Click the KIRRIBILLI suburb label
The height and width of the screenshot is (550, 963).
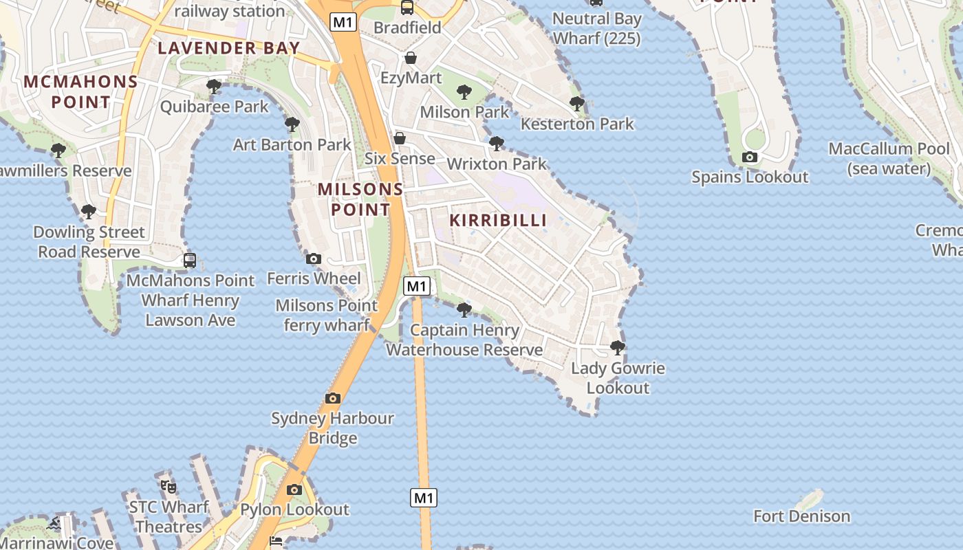click(498, 220)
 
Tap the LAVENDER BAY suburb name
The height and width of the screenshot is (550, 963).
click(228, 48)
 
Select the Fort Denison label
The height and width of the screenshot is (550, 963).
click(801, 516)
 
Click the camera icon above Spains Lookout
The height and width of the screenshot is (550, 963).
click(750, 157)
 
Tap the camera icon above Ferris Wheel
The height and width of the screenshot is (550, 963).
click(314, 258)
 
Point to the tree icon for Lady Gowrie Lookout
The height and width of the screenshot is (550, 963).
click(618, 347)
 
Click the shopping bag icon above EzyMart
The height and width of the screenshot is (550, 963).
click(411, 58)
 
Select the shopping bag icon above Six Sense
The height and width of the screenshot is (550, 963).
click(399, 139)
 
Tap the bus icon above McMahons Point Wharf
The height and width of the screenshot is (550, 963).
click(190, 261)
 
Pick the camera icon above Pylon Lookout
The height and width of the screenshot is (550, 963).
click(294, 490)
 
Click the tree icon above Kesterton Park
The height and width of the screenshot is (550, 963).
click(577, 104)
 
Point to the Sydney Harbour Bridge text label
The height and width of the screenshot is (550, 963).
click(332, 428)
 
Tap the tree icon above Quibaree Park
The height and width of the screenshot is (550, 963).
click(214, 87)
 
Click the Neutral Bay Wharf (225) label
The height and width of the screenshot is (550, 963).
click(596, 29)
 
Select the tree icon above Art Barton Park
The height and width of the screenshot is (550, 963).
click(292, 124)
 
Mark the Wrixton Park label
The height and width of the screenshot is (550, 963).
click(496, 164)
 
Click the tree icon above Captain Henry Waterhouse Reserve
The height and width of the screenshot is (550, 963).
click(464, 310)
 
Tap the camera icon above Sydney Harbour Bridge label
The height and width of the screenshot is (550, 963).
click(333, 398)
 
